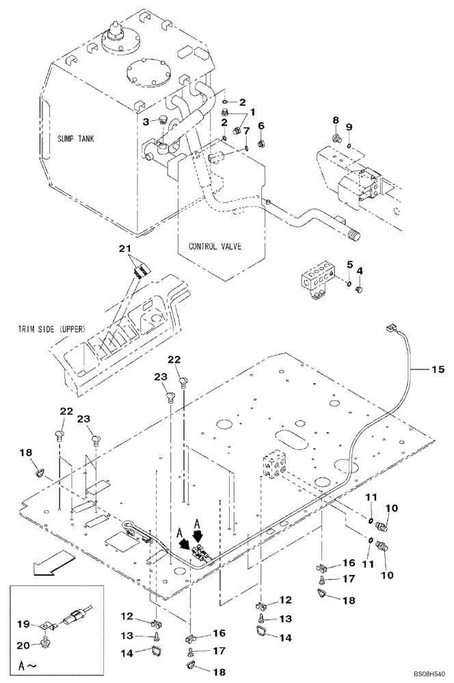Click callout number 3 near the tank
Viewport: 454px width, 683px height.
point(146,121)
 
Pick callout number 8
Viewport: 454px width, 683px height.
point(336,120)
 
